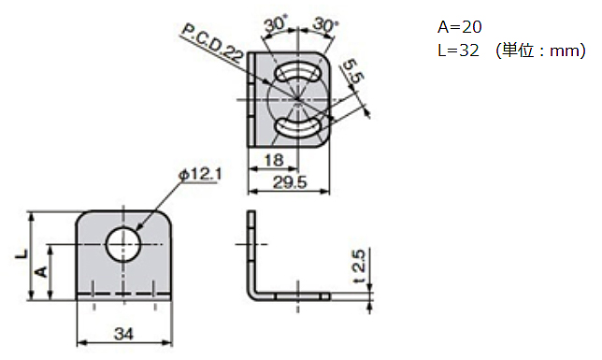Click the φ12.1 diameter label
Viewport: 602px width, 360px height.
(200, 175)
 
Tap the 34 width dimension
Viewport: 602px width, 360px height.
(123, 334)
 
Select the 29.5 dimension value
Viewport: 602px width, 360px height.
(290, 182)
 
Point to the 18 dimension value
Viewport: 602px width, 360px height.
(274, 160)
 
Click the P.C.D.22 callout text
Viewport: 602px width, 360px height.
(212, 43)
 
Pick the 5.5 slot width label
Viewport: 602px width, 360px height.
(353, 71)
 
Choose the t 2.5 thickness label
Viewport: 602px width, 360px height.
(358, 266)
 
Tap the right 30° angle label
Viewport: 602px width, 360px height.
(325, 25)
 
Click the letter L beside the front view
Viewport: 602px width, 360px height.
(21, 254)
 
